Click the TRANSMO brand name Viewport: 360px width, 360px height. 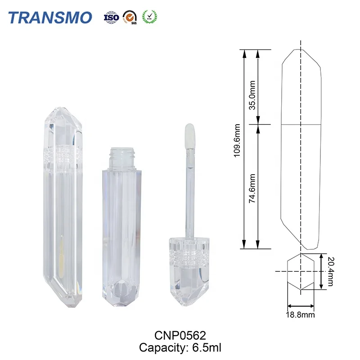coord(50,17)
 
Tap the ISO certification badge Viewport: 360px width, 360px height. coord(111,17)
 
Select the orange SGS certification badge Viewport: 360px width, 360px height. coord(130,17)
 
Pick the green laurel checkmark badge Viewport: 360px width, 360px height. coord(149,17)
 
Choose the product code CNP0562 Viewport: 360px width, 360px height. coord(180,335)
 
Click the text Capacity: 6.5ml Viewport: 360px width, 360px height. coord(180,347)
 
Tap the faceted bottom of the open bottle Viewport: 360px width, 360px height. coord(122,295)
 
